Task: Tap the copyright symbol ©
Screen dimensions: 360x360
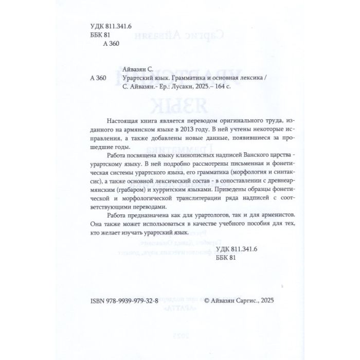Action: [207, 303]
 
